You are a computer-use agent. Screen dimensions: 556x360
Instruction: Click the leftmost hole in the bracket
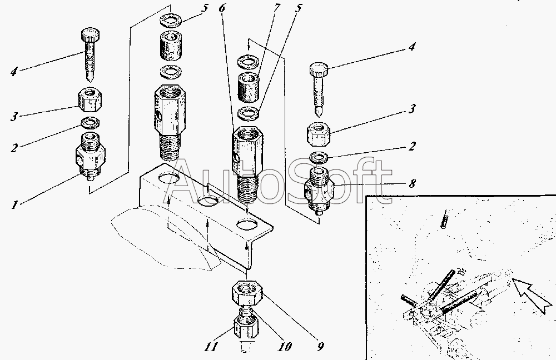(x=168, y=179)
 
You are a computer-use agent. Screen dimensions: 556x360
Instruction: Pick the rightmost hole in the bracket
(x=247, y=225)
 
